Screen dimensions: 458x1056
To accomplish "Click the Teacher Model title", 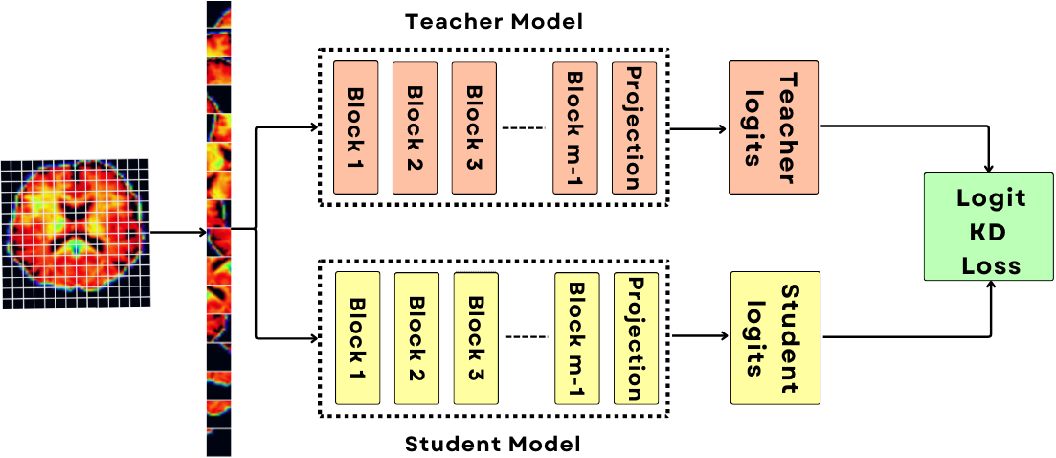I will click(493, 20).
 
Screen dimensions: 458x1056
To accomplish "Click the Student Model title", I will click(493, 444).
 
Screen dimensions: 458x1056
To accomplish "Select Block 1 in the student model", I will click(358, 337).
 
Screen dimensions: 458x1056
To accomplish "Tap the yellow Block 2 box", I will click(416, 337).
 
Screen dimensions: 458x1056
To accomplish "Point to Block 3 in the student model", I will click(476, 337).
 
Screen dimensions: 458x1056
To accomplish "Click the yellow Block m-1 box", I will click(577, 337).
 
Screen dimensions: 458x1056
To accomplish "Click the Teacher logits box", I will click(774, 126).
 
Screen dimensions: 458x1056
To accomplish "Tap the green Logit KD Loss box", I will click(990, 226).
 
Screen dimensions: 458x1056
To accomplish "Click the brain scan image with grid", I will click(75, 233).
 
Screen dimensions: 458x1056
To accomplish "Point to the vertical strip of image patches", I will click(219, 230).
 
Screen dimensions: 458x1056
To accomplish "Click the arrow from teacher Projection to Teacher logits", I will click(697, 128).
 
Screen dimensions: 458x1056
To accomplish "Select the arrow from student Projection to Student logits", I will click(699, 336).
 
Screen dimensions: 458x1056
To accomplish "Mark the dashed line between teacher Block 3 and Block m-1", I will click(524, 127).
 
